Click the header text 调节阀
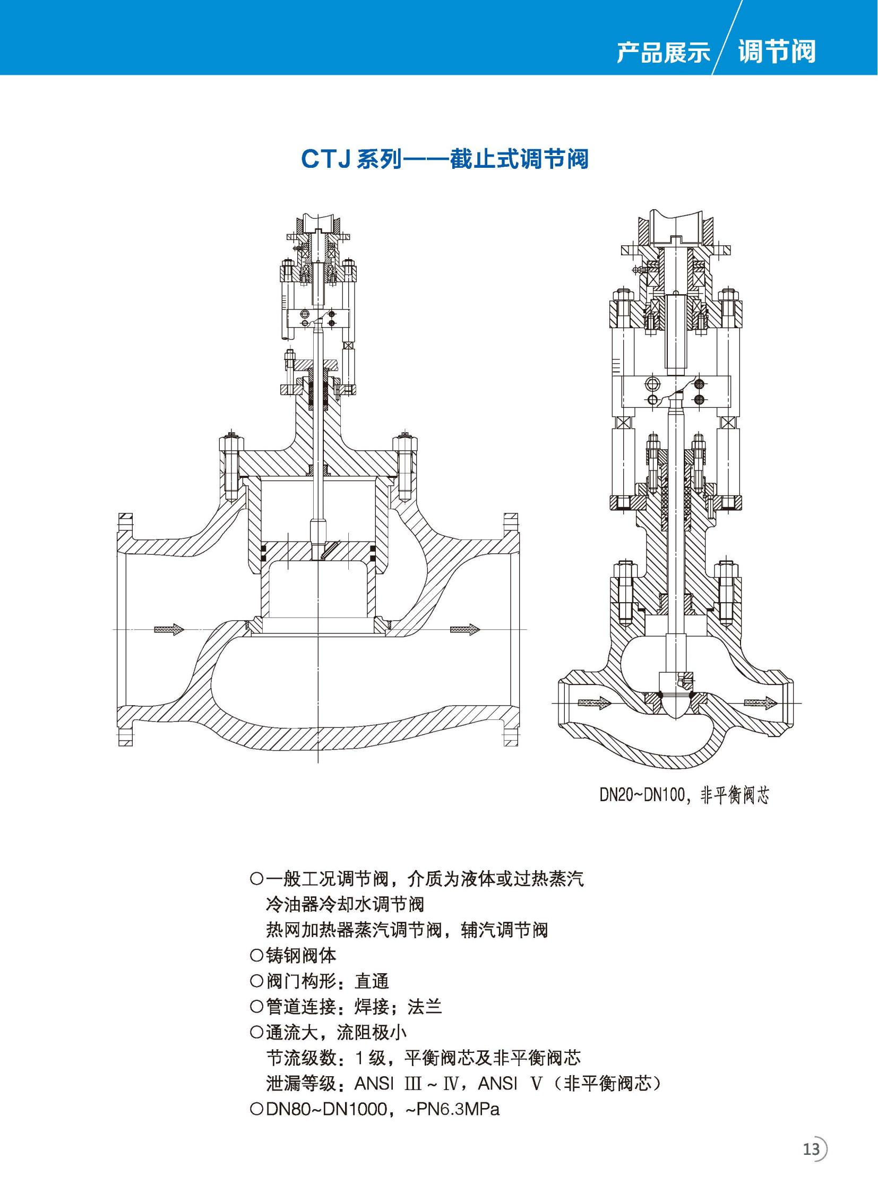point(777,52)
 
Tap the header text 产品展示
point(664,53)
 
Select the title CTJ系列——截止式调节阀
point(445,158)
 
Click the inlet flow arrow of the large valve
point(169,630)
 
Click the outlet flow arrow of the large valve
point(465,630)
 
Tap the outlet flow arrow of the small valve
point(761,703)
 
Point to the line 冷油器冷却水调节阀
point(345,904)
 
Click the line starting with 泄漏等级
point(463,1084)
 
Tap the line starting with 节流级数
point(424,1058)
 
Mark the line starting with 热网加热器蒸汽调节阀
point(407,930)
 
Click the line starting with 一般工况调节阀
point(417,878)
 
